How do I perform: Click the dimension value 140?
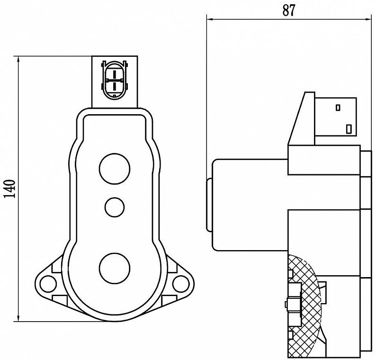pos(9,189)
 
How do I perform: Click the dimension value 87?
pos(289,10)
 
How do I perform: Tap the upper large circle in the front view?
pos(115,169)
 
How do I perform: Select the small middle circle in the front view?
pos(115,207)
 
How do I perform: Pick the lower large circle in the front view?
pos(115,269)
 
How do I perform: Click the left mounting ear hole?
pos(48,284)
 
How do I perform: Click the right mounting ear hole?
pos(181,284)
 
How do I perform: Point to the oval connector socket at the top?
pos(115,80)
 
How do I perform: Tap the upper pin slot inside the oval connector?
pos(115,74)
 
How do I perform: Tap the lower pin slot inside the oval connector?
pos(115,86)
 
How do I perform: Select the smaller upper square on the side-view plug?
pos(338,108)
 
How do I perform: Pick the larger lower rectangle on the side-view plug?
pos(349,129)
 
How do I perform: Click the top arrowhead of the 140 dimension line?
pos(18,60)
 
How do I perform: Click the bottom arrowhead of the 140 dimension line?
pos(18,317)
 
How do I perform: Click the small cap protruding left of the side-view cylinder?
pos(209,205)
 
